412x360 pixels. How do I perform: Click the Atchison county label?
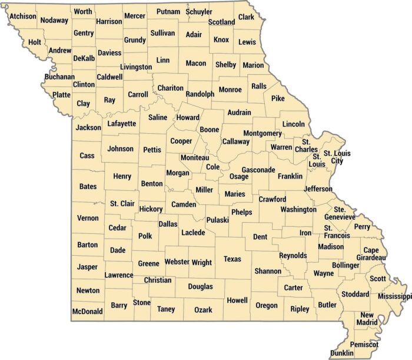pos(23,16)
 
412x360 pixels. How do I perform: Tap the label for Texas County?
pos(232,259)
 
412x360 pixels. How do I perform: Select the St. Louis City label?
pos(341,157)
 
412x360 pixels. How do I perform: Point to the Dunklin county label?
pos(342,353)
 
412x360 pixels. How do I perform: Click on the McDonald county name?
pos(88,311)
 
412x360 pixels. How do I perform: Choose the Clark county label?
pos(246,17)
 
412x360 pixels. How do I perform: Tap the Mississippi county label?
pos(394,296)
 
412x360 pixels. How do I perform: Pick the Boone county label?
pos(210,130)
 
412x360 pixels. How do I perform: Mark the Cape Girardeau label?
pos(374,253)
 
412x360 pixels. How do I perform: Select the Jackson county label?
pos(88,127)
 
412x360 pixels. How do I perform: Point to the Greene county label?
pos(148,263)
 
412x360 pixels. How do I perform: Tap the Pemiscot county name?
pos(364,344)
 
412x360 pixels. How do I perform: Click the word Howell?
pos(237,300)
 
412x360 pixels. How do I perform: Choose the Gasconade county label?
pos(258,170)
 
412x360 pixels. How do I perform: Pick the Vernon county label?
pos(88,218)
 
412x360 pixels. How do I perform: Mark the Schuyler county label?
pos(199,12)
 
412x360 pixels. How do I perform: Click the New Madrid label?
pos(368,319)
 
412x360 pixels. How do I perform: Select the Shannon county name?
pos(268,271)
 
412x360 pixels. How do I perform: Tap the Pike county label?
pos(278,98)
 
